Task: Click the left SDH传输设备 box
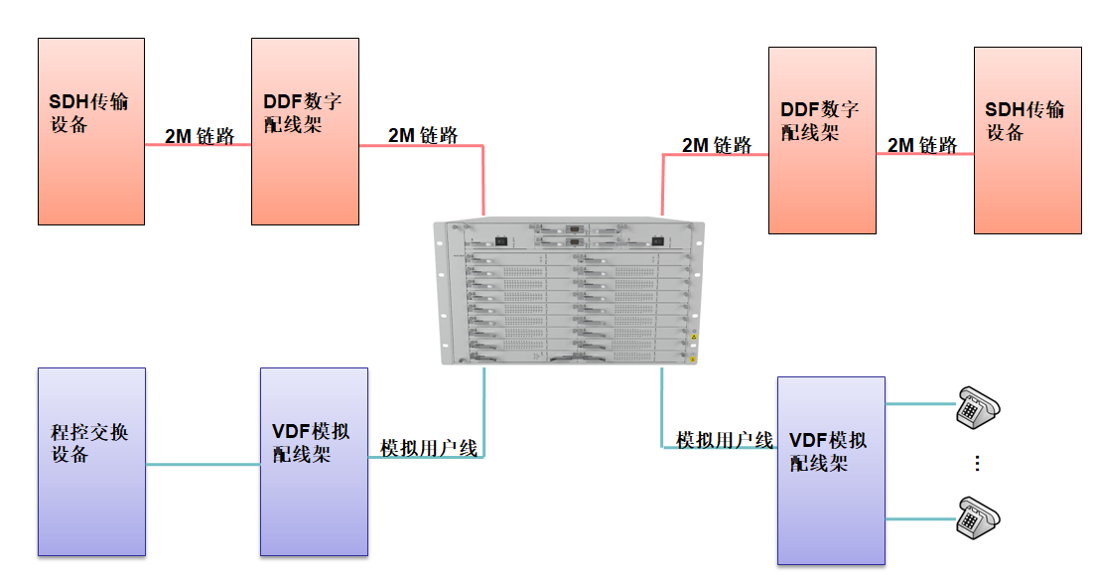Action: pos(91,131)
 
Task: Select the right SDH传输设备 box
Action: pos(1027,140)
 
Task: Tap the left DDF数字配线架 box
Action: pos(305,131)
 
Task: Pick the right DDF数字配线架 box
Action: pos(822,140)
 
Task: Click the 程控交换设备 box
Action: pos(91,462)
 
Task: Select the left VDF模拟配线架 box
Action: pos(314,462)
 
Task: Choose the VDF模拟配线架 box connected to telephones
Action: pos(831,471)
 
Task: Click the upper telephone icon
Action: pos(977,406)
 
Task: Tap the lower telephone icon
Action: pos(977,517)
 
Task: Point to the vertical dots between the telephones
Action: pos(977,463)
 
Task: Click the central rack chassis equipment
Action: pos(569,292)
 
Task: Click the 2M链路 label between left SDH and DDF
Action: pos(200,136)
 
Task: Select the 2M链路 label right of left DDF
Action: pos(423,135)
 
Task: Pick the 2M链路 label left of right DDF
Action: pos(717,145)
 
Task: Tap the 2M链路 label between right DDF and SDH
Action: pos(922,145)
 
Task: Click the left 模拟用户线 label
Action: pos(429,449)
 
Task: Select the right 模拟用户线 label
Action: pos(724,439)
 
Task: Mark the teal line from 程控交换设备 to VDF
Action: pos(203,464)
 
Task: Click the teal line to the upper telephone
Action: pos(919,404)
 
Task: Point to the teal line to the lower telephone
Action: pos(919,518)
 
